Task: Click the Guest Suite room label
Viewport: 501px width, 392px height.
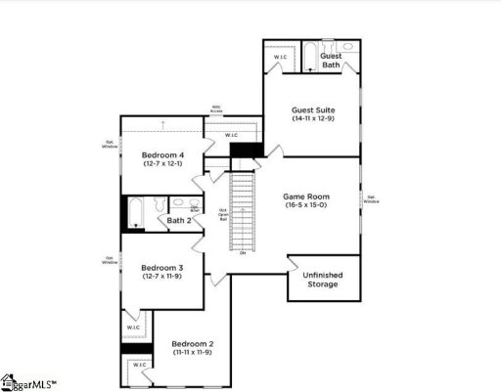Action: (310, 109)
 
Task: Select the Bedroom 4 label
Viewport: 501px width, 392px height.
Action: (162, 155)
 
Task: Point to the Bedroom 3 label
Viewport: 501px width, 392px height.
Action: (162, 267)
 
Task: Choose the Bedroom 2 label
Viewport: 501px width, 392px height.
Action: (193, 344)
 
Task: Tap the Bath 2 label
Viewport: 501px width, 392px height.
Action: (178, 221)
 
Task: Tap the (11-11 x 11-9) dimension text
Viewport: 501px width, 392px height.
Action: (193, 354)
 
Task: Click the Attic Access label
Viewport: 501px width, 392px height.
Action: (216, 109)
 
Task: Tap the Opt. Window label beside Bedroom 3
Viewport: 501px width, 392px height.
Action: (111, 260)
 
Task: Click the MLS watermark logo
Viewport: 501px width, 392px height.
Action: (29, 382)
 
